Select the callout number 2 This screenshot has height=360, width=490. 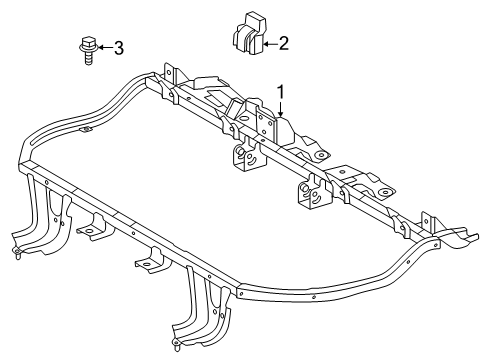[283, 43]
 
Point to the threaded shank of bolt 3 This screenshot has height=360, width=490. [87, 58]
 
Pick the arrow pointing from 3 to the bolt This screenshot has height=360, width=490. [103, 46]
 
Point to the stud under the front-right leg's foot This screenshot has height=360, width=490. [179, 346]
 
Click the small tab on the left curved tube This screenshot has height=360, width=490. [86, 129]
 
